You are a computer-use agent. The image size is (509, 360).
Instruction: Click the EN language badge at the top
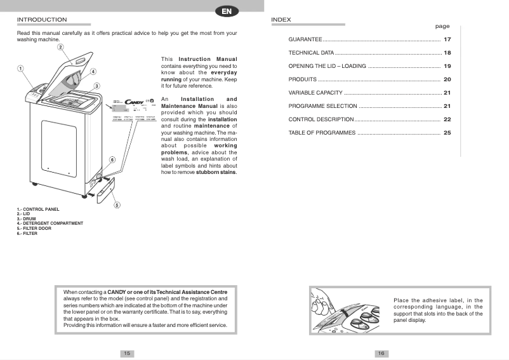click(227, 11)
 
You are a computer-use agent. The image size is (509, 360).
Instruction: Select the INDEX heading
click(281, 20)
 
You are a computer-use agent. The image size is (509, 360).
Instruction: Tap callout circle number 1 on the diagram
click(20, 69)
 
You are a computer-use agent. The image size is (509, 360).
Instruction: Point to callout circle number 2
click(60, 47)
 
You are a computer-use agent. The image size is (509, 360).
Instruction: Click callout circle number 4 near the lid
click(93, 72)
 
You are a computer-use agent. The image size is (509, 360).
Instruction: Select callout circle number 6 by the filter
click(112, 159)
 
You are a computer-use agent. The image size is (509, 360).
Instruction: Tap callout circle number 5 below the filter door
click(117, 204)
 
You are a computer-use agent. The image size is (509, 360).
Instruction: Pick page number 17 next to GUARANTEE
click(447, 39)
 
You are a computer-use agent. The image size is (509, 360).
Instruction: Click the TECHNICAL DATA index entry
click(311, 53)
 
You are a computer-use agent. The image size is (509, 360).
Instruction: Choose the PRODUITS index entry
click(302, 79)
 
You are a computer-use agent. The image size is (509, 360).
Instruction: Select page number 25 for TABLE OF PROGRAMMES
click(447, 133)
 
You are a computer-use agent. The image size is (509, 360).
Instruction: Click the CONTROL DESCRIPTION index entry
click(321, 119)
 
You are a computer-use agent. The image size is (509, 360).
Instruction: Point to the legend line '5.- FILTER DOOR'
click(34, 228)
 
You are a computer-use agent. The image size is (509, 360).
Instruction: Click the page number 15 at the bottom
click(127, 353)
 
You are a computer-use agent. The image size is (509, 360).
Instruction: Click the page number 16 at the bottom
click(381, 353)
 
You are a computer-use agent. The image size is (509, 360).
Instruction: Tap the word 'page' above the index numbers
click(442, 27)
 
